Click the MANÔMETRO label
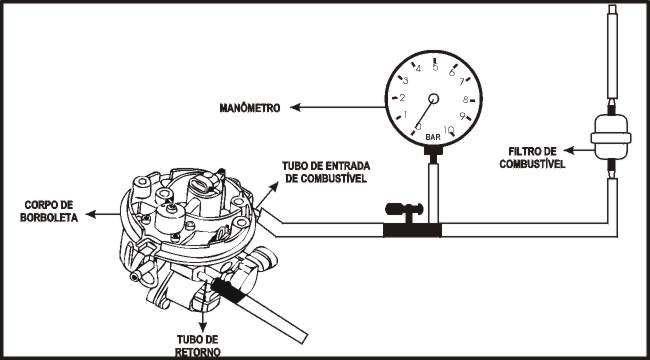250,108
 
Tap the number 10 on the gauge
448,130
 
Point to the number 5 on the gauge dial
435,67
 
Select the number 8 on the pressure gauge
466,100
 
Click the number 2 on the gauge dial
402,98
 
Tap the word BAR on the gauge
433,137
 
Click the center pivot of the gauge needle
434,98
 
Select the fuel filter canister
611,137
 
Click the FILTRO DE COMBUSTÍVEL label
532,158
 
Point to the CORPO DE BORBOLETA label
49,211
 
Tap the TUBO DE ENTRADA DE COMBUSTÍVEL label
326,172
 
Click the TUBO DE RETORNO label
197,345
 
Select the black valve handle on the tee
404,209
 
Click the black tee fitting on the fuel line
412,230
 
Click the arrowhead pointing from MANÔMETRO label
295,107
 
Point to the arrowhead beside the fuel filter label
569,151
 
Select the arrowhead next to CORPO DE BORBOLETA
91,214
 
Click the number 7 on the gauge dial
461,82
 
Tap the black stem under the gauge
433,153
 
